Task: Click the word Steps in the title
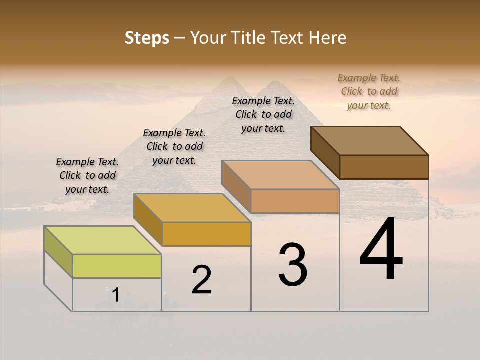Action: click(147, 38)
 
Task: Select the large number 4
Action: click(381, 250)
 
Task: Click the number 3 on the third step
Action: click(293, 265)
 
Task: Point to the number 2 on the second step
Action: click(201, 280)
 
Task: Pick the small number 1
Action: click(115, 295)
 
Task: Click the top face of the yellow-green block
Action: click(102, 240)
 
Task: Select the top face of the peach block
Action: click(280, 175)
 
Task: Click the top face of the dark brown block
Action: click(369, 140)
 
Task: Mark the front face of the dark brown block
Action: click(384, 167)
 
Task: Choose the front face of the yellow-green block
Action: click(117, 266)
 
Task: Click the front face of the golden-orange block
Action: click(206, 234)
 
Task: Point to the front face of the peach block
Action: click(295, 201)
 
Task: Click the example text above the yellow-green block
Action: click(87, 175)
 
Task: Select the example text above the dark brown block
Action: click(369, 91)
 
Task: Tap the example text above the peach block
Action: click(263, 114)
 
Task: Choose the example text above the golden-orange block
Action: click(174, 146)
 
